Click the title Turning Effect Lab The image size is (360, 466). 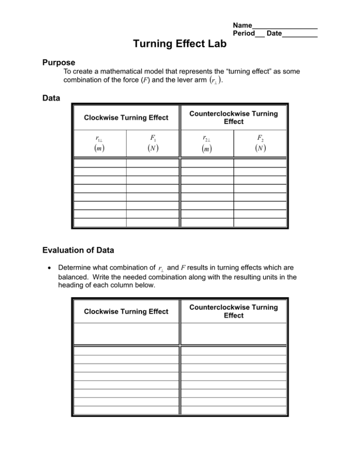coord(180,44)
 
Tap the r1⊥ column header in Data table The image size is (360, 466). coord(99,139)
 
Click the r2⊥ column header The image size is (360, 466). coord(207,139)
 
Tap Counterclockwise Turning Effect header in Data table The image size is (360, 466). coord(233,118)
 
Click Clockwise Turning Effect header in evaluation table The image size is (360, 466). coord(126,311)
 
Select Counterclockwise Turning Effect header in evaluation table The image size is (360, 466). coord(233,311)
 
